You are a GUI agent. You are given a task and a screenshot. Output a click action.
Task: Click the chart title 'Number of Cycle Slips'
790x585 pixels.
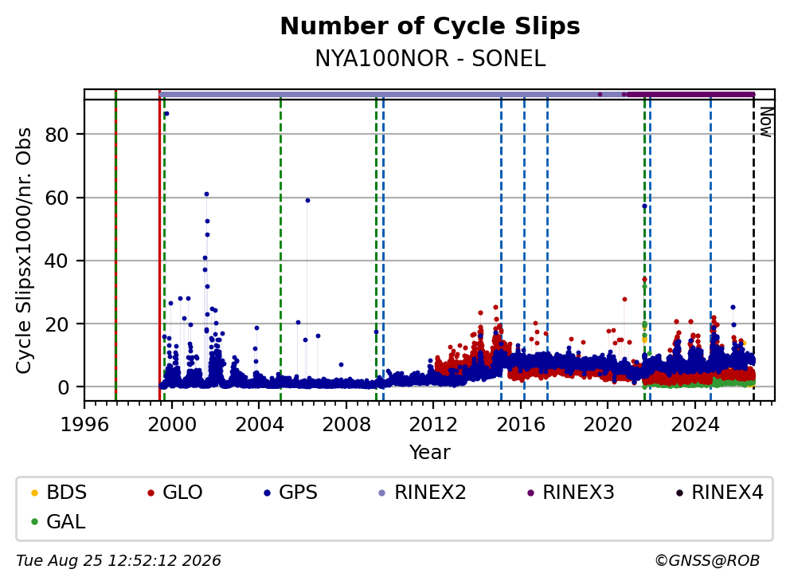click(430, 26)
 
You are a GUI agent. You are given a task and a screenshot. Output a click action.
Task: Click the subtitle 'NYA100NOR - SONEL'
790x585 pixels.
click(430, 58)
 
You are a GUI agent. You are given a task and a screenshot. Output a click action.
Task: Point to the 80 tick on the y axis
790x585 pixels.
click(57, 135)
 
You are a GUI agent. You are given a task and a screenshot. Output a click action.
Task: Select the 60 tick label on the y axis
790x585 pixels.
click(57, 198)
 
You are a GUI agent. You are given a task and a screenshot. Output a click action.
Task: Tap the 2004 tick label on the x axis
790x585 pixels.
click(259, 425)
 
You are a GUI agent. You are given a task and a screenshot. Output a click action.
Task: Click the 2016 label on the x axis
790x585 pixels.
click(521, 425)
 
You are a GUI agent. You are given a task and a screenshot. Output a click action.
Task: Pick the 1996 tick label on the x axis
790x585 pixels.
click(84, 425)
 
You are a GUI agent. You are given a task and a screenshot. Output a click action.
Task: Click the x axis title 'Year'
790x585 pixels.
click(430, 453)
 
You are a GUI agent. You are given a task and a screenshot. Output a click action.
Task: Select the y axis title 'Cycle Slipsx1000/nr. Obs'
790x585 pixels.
click(24, 250)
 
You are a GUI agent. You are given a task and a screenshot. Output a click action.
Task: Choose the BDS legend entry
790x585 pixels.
click(59, 493)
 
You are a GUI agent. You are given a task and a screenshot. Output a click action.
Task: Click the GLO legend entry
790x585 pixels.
click(175, 493)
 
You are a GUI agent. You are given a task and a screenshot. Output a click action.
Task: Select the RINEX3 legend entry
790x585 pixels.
click(571, 493)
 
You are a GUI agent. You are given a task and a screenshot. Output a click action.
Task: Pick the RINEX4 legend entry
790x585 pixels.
click(719, 493)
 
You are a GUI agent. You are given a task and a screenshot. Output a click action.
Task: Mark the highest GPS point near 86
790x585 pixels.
click(166, 114)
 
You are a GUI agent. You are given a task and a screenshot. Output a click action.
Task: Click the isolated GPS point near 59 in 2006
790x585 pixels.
click(307, 201)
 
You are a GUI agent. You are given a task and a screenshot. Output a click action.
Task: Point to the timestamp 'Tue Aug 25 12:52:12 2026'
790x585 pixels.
click(119, 561)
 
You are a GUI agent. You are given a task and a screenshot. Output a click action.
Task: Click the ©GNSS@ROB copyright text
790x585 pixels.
click(707, 561)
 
